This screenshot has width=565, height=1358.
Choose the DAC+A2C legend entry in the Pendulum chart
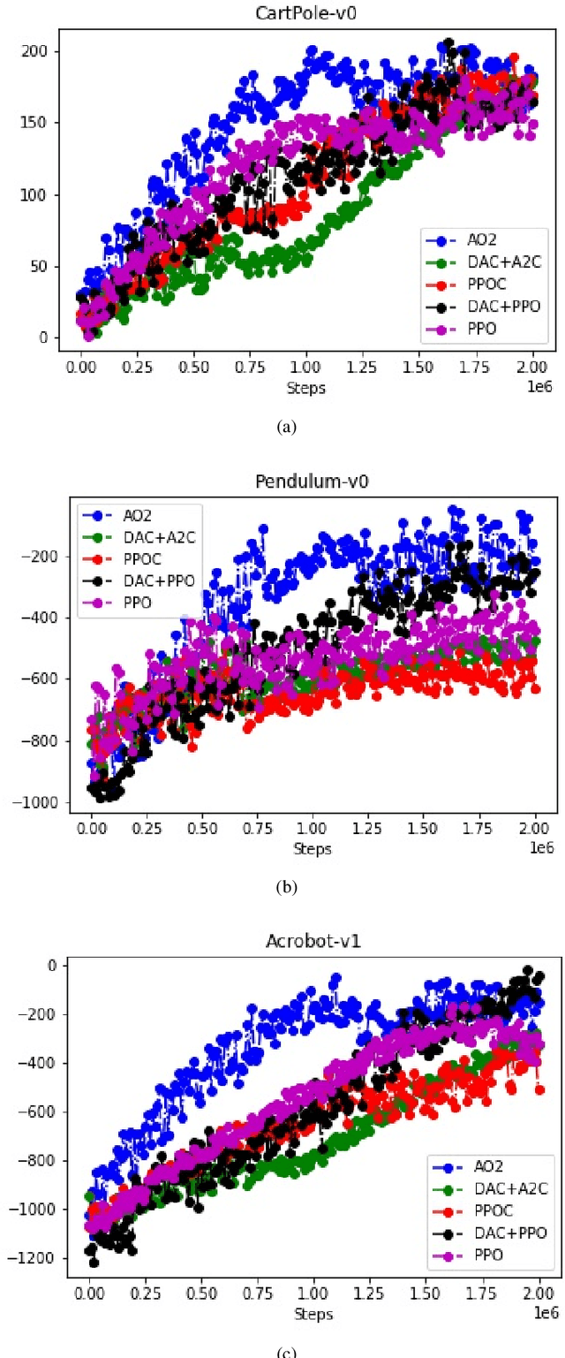(x=151, y=536)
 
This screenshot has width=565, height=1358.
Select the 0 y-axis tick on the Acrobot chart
(x=53, y=965)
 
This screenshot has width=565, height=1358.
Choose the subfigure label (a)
(x=284, y=427)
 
